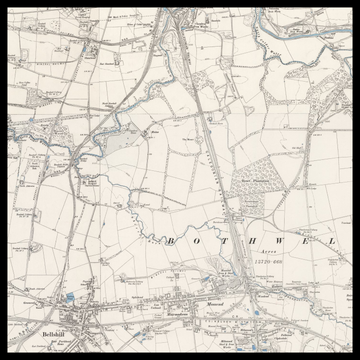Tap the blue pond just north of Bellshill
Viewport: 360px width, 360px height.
[69, 297]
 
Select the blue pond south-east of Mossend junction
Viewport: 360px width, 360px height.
[258, 311]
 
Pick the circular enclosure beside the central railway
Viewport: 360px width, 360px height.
[230, 214]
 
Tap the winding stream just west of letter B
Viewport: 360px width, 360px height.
[150, 236]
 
